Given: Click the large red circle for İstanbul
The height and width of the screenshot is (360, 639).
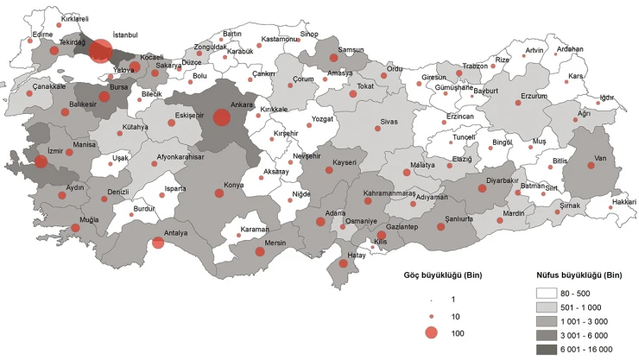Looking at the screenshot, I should pyautogui.click(x=101, y=51).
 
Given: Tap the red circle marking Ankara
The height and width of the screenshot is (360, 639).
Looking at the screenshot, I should pyautogui.click(x=221, y=117).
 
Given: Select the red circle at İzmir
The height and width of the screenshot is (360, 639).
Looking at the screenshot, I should pyautogui.click(x=41, y=161).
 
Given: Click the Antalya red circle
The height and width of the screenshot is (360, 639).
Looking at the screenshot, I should pyautogui.click(x=158, y=243).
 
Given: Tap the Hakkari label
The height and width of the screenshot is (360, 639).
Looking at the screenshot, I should pyautogui.click(x=623, y=202).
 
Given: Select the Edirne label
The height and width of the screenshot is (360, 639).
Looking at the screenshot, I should pyautogui.click(x=42, y=35).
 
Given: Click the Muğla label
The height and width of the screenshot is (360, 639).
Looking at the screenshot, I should pyautogui.click(x=89, y=220).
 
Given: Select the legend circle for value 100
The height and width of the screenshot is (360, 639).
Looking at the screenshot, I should pyautogui.click(x=432, y=333).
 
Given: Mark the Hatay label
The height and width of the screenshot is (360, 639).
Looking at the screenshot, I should pyautogui.click(x=357, y=255).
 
